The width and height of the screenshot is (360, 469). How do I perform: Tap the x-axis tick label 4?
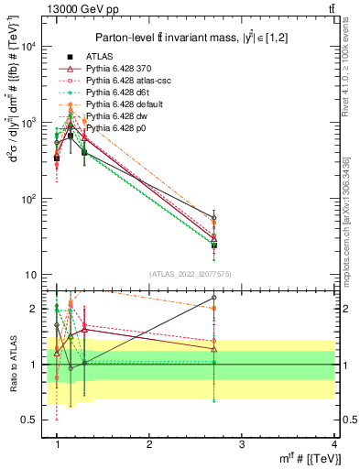(x=333, y=444)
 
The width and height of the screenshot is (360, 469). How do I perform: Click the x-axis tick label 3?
(x=241, y=444)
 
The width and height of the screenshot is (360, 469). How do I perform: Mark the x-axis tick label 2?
(x=149, y=444)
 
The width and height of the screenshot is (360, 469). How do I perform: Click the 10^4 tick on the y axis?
(x=30, y=47)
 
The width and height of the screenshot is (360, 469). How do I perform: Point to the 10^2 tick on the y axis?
(x=30, y=199)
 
